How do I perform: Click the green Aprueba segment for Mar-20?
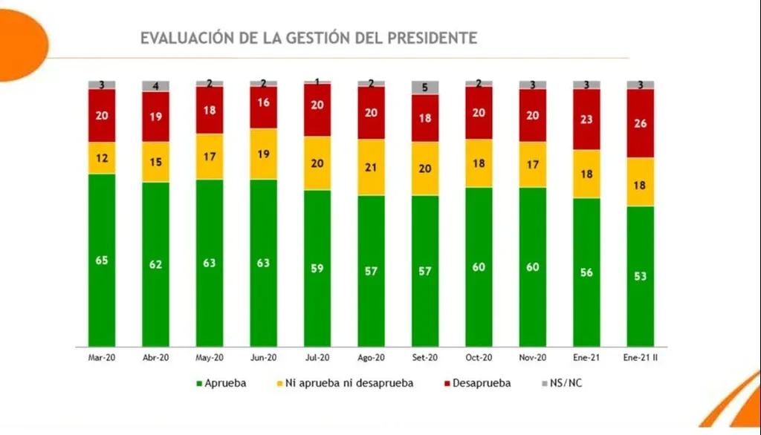[x=102, y=260]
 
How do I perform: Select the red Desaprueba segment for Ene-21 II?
[x=640, y=123]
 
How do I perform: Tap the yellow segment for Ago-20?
[x=371, y=167]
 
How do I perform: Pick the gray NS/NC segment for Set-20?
[x=425, y=88]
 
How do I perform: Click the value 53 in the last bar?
[x=640, y=276]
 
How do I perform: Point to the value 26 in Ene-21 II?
[x=640, y=123]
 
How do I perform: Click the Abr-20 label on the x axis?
[x=155, y=357]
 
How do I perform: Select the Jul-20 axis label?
[x=317, y=357]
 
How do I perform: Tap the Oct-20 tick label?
[x=479, y=357]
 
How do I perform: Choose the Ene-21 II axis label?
[x=640, y=357]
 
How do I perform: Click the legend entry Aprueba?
[x=221, y=384]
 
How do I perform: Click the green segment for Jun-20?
[x=263, y=262]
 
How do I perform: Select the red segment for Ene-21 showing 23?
[x=586, y=119]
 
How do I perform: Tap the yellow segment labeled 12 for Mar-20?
[x=102, y=157]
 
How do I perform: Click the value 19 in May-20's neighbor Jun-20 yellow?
[x=263, y=154]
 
